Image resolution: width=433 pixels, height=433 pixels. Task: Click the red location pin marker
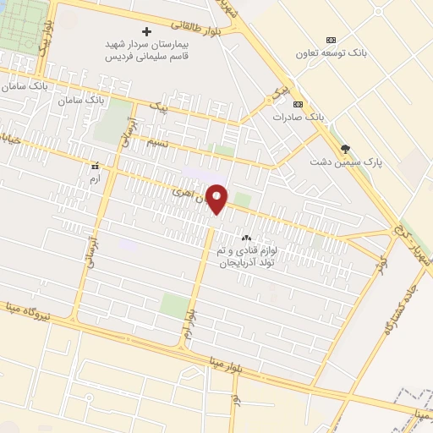point(217,198)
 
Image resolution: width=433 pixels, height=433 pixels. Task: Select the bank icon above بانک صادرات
point(297,104)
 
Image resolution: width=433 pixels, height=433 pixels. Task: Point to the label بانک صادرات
point(298,117)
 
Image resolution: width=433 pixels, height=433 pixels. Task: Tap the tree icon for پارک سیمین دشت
point(343,149)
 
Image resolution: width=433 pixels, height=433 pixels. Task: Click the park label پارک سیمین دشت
point(345,162)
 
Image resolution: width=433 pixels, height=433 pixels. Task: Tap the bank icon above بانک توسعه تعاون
point(331,40)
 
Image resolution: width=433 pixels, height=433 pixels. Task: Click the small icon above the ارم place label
point(95,166)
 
